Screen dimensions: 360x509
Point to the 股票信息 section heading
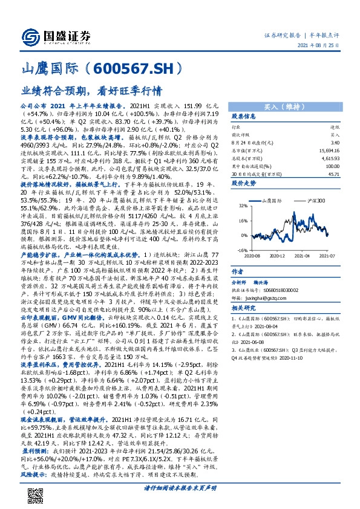click(244, 116)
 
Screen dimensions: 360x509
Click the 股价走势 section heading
click(244, 181)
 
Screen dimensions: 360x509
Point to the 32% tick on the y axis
click(240, 206)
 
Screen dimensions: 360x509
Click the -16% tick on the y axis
click(240, 250)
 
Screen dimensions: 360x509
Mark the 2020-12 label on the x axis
click(278, 256)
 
